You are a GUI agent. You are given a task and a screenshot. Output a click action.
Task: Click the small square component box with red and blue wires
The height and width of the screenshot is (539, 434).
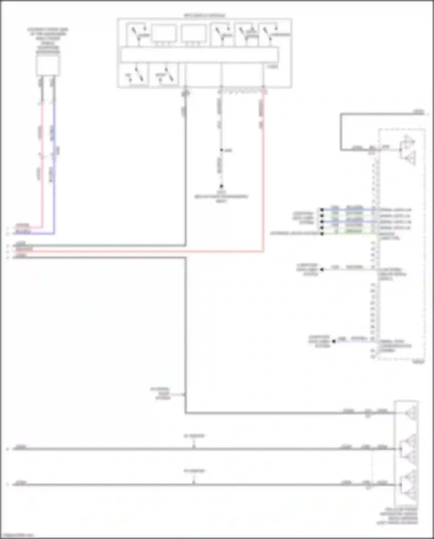(48, 66)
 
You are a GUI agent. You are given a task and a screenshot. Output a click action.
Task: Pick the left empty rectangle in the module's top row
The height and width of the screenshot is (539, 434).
(164, 34)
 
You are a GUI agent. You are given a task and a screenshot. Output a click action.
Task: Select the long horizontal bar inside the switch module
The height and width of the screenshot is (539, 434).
(200, 55)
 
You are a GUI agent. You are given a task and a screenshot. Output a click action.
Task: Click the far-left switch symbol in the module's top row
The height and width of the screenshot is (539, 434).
(138, 34)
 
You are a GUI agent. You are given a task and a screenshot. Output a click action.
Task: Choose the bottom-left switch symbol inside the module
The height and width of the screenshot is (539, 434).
(134, 75)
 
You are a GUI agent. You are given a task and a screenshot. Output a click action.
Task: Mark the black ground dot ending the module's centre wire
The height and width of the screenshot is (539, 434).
(221, 186)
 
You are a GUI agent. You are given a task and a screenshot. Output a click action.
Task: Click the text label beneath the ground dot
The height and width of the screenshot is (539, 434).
(221, 197)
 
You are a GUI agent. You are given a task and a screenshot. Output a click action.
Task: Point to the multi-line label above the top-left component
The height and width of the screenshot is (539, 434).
(48, 41)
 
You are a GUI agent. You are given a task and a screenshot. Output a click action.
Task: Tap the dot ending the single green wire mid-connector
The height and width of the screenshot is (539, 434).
(322, 269)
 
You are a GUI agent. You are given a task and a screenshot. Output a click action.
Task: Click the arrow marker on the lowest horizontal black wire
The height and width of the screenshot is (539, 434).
(194, 482)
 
